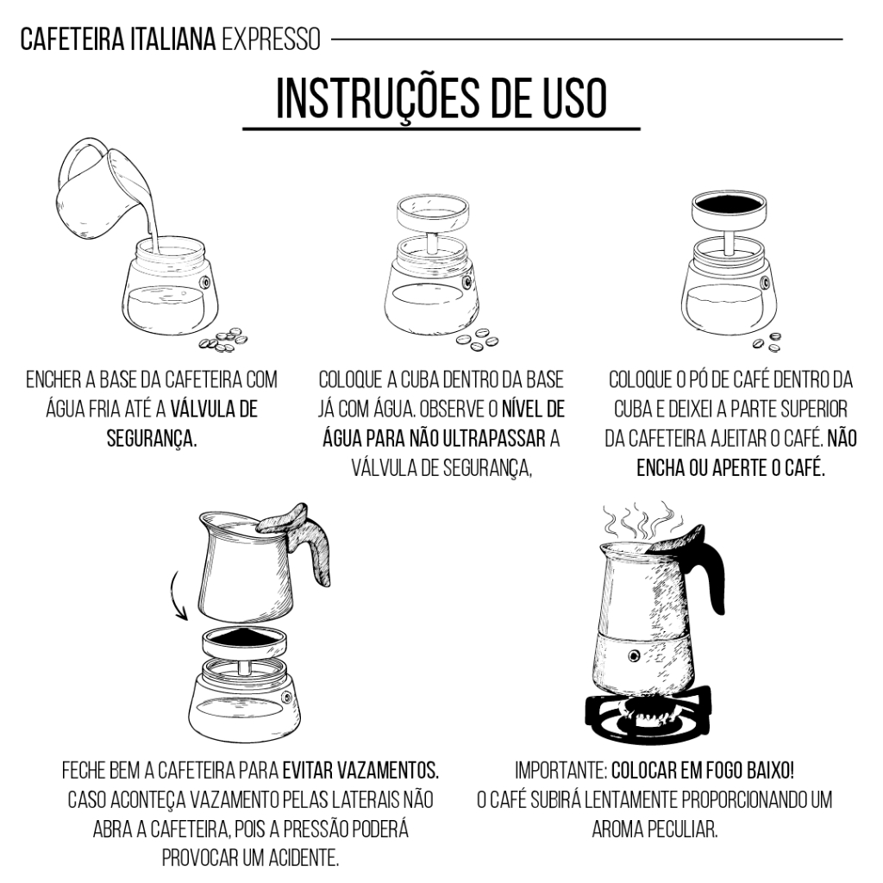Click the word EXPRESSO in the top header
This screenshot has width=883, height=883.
pos(271,40)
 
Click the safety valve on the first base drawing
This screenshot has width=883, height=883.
pos(205,282)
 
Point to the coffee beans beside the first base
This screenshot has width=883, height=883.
pos(224,340)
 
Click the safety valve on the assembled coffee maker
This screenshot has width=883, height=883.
pos(635,655)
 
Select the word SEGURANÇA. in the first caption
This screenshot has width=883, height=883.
pos(152,438)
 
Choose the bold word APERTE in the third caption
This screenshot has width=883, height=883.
pos(738,467)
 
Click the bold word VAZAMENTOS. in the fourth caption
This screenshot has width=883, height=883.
pos(361,770)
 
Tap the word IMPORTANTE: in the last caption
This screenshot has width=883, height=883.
pos(560,770)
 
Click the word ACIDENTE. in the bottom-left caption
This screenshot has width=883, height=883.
pos(304,858)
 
